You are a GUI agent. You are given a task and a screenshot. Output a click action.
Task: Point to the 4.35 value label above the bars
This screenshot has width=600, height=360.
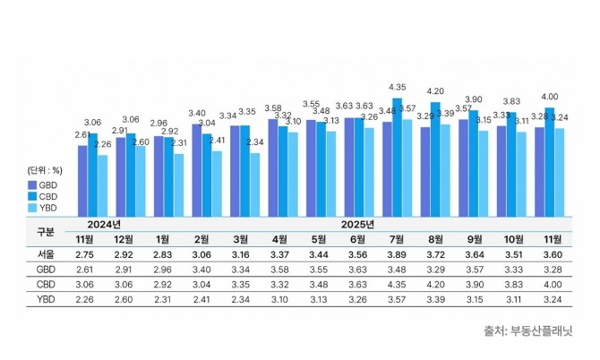pyautogui.click(x=398, y=87)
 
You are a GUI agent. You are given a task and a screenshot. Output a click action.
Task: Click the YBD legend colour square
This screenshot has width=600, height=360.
pyautogui.click(x=31, y=209)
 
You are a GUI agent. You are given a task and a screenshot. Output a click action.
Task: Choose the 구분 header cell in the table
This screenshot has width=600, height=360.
pyautogui.click(x=45, y=230)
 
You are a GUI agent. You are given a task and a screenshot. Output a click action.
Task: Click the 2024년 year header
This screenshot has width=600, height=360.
pyautogui.click(x=105, y=223)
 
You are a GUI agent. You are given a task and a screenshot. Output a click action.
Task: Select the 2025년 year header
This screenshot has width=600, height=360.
pyautogui.click(x=357, y=223)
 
